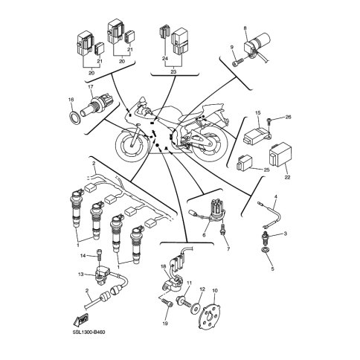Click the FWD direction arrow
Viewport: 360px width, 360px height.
[x=81, y=321]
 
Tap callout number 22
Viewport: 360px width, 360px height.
[x=287, y=178]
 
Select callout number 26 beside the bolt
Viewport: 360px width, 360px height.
[x=288, y=117]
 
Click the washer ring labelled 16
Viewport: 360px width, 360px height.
[x=74, y=117]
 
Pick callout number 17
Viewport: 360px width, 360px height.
[x=91, y=87]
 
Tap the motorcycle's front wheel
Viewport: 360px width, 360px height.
[x=132, y=145]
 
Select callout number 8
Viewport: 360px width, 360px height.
[x=245, y=28]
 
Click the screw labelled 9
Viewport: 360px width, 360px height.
[x=238, y=62]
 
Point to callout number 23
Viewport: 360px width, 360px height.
[x=173, y=71]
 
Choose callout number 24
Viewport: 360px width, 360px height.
[x=165, y=59]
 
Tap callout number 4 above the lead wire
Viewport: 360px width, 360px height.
[x=275, y=196]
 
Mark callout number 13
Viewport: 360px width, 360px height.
[x=81, y=274]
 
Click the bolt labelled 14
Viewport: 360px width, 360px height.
[x=100, y=254]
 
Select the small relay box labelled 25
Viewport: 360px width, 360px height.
[x=245, y=162]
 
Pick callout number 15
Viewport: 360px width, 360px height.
[x=258, y=113]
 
